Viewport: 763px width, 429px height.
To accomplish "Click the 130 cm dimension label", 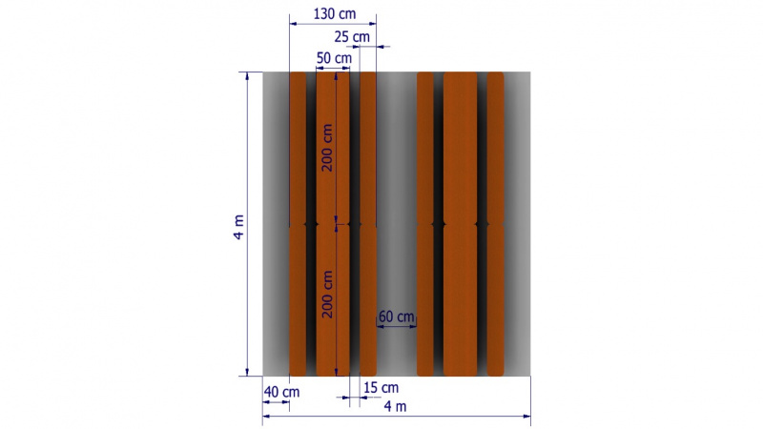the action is pos(335,13).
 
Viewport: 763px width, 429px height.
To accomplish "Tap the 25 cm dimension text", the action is pos(352,36).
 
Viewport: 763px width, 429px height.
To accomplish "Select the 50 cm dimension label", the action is pos(334,58).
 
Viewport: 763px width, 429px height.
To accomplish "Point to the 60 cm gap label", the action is pos(396,317).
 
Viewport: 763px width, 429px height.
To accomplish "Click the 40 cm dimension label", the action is pos(281,392).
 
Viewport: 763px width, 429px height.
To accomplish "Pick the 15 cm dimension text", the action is pos(381,388).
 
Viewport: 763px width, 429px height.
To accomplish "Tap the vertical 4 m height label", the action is pos(238,227).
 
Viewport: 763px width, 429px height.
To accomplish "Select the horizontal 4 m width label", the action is pos(395,407).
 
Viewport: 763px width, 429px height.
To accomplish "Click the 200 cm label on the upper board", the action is pos(327,148).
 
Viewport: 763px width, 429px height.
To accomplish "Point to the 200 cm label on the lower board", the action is pos(327,295).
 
